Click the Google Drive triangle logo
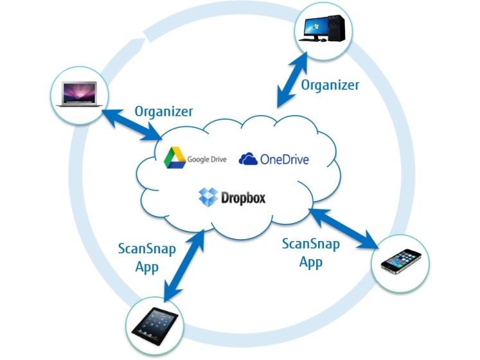(175, 157)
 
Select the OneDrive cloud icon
(249, 158)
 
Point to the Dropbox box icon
(208, 197)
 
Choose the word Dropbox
(244, 197)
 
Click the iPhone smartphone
(401, 262)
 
